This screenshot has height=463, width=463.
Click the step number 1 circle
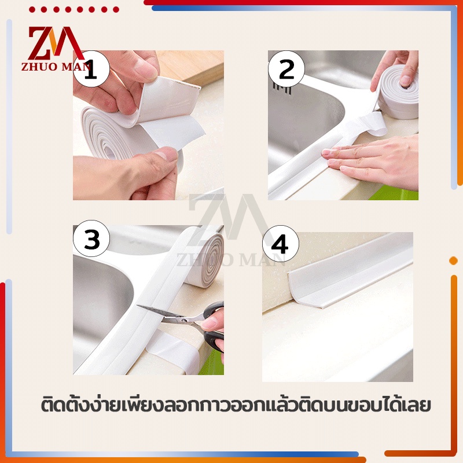pos(91,69)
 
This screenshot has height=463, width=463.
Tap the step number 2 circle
pos(286,69)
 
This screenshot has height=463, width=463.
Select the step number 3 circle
pos(91,238)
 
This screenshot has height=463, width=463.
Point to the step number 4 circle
pos(281,244)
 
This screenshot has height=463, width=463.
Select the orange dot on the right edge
pos(453,260)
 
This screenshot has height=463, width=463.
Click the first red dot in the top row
pos(32,10)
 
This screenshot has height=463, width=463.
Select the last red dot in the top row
pos(116,10)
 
